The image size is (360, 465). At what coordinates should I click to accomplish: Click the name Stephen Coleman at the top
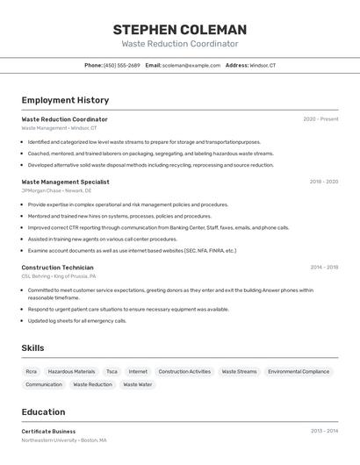(x=179, y=29)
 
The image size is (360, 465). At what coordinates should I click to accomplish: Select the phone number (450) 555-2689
(x=122, y=65)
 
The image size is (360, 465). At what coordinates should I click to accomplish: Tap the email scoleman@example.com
(x=191, y=65)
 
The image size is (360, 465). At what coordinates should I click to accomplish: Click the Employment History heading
(x=65, y=100)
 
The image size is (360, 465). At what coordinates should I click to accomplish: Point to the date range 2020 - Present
(x=320, y=119)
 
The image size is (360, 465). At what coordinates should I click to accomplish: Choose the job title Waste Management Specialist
(x=65, y=182)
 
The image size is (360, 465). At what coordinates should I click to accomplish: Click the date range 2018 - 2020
(x=323, y=182)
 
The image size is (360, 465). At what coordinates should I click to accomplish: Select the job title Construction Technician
(x=57, y=267)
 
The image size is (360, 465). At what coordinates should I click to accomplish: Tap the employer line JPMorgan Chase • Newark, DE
(x=56, y=190)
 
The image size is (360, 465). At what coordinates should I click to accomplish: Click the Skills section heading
(x=32, y=348)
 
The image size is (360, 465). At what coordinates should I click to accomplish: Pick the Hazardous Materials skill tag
(x=71, y=371)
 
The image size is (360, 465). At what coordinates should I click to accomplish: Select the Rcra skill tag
(x=32, y=371)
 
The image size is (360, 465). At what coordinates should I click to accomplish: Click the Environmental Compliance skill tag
(x=299, y=371)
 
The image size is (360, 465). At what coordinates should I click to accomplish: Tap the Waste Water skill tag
(x=137, y=384)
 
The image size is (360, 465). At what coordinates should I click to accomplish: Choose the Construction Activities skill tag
(x=184, y=371)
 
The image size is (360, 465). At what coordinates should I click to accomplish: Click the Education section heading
(x=43, y=411)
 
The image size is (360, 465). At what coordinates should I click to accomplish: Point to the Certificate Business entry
(x=48, y=432)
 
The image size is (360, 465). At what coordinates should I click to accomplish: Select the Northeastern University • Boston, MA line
(x=64, y=440)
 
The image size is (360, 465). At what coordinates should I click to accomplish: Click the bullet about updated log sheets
(x=77, y=320)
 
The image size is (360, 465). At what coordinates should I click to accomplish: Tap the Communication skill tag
(x=44, y=384)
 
